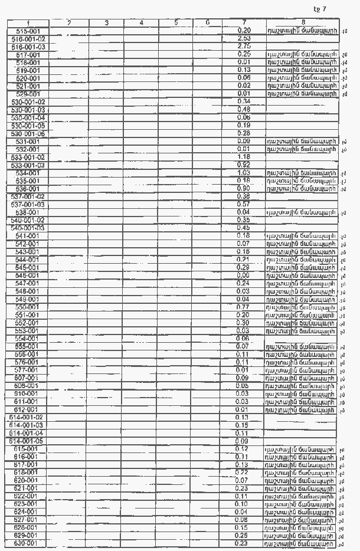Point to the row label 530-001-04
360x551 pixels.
[x=28, y=117]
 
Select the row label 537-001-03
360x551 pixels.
[x=28, y=204]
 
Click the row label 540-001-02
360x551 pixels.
[x=28, y=220]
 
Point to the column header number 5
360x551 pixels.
[x=176, y=22]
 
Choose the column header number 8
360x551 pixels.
[x=303, y=22]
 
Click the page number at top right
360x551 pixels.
[x=319, y=8]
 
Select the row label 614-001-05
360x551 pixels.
[x=28, y=441]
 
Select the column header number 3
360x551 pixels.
[x=106, y=22]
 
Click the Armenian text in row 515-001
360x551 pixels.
[x=302, y=30]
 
